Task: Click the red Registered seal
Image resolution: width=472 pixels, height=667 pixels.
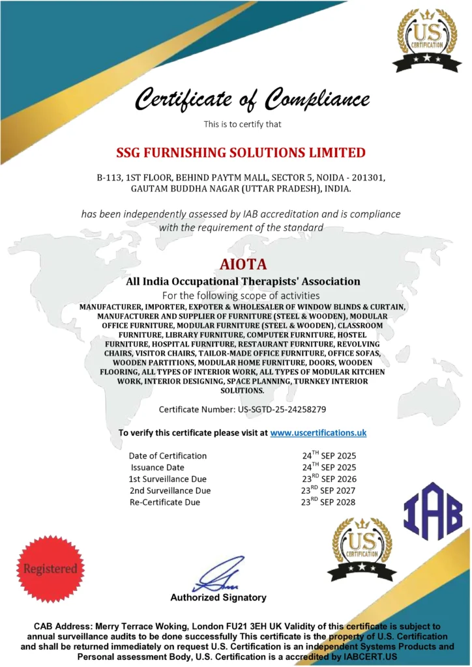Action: click(50, 568)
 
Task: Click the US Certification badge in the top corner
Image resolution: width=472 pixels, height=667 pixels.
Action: click(426, 40)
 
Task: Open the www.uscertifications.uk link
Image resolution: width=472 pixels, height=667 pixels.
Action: click(318, 433)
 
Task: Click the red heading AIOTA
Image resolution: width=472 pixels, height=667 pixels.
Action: click(235, 265)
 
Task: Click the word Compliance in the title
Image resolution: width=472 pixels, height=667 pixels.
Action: click(317, 100)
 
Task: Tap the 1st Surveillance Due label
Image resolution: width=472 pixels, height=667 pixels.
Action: click(168, 479)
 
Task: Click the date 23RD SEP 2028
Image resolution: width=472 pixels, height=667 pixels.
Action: click(329, 502)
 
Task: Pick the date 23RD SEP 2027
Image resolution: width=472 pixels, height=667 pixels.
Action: click(329, 490)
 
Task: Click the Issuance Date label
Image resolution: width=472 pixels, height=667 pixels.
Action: click(157, 467)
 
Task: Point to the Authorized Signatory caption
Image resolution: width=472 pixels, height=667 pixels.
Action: click(218, 597)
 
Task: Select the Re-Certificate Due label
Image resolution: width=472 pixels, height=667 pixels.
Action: click(165, 502)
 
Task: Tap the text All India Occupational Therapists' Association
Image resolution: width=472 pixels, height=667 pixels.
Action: click(243, 281)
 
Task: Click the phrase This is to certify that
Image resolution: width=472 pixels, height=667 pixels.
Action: click(243, 124)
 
